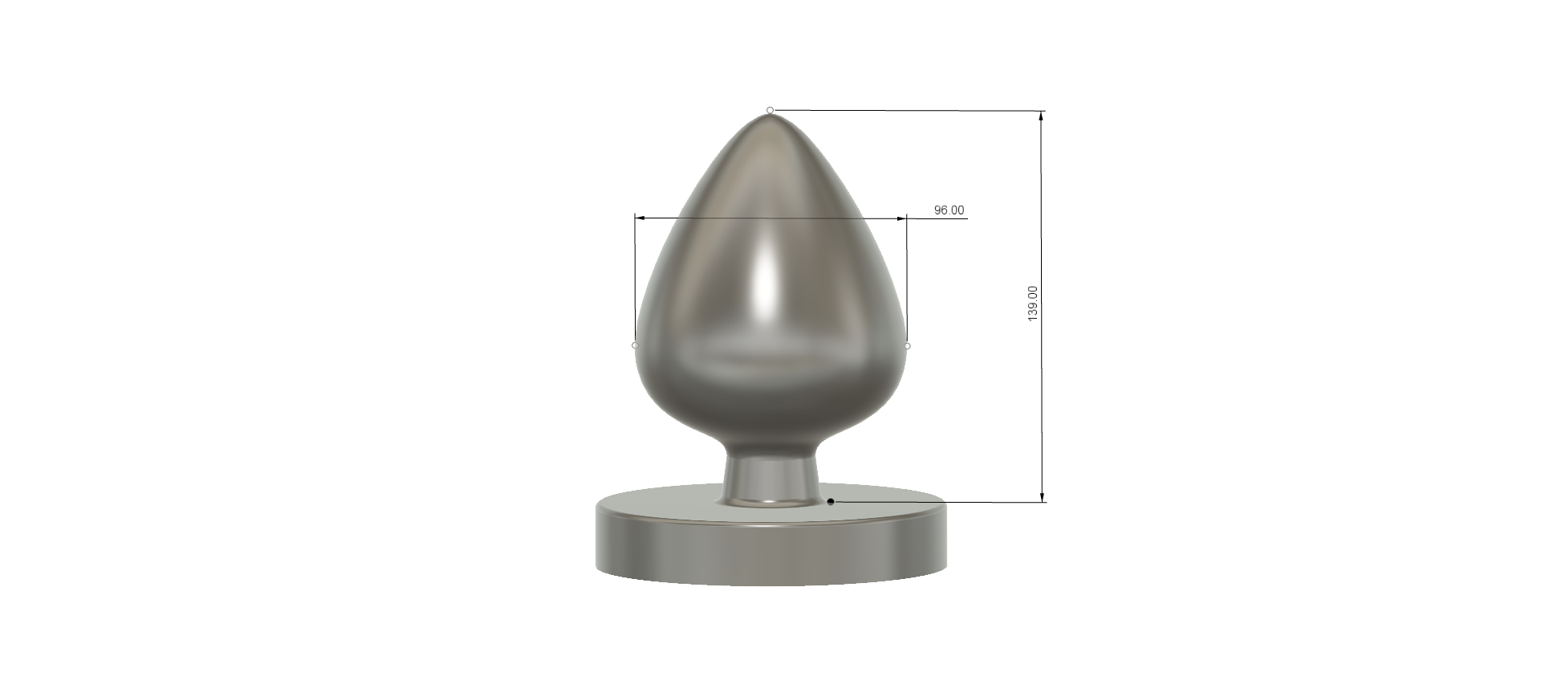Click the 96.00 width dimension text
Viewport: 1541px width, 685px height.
point(949,210)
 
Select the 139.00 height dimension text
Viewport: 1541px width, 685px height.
point(1033,304)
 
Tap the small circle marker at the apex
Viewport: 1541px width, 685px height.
point(770,110)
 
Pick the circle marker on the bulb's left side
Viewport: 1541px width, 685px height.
point(635,345)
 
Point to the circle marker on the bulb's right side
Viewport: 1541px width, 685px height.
point(908,346)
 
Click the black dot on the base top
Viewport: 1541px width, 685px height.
point(831,502)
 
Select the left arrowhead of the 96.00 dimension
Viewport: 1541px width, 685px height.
point(640,218)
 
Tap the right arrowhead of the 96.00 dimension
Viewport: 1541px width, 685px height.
point(901,218)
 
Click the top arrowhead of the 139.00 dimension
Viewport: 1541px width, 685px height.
point(1042,117)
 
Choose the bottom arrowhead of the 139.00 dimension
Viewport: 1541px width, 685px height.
point(1043,496)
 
